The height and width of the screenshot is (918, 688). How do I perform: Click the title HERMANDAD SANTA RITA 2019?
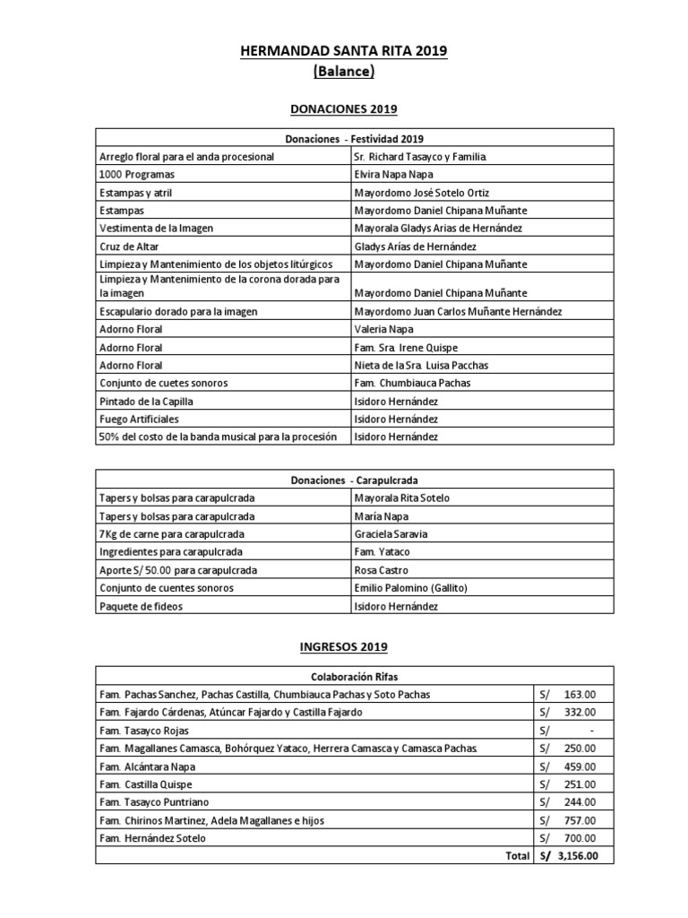point(343,52)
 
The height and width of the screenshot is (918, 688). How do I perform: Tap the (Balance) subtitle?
point(343,71)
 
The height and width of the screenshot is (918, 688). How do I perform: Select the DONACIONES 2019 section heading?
point(343,109)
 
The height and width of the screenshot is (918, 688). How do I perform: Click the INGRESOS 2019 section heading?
point(343,645)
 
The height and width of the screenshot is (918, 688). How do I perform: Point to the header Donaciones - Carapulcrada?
point(343,481)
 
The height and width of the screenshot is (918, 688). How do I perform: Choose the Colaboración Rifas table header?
point(343,677)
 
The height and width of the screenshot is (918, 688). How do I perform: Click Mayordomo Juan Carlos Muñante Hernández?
point(458,311)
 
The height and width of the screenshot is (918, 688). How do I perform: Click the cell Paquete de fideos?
point(141,606)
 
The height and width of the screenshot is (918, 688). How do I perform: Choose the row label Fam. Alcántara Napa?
point(148,766)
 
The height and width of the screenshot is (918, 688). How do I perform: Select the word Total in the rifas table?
point(517,856)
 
